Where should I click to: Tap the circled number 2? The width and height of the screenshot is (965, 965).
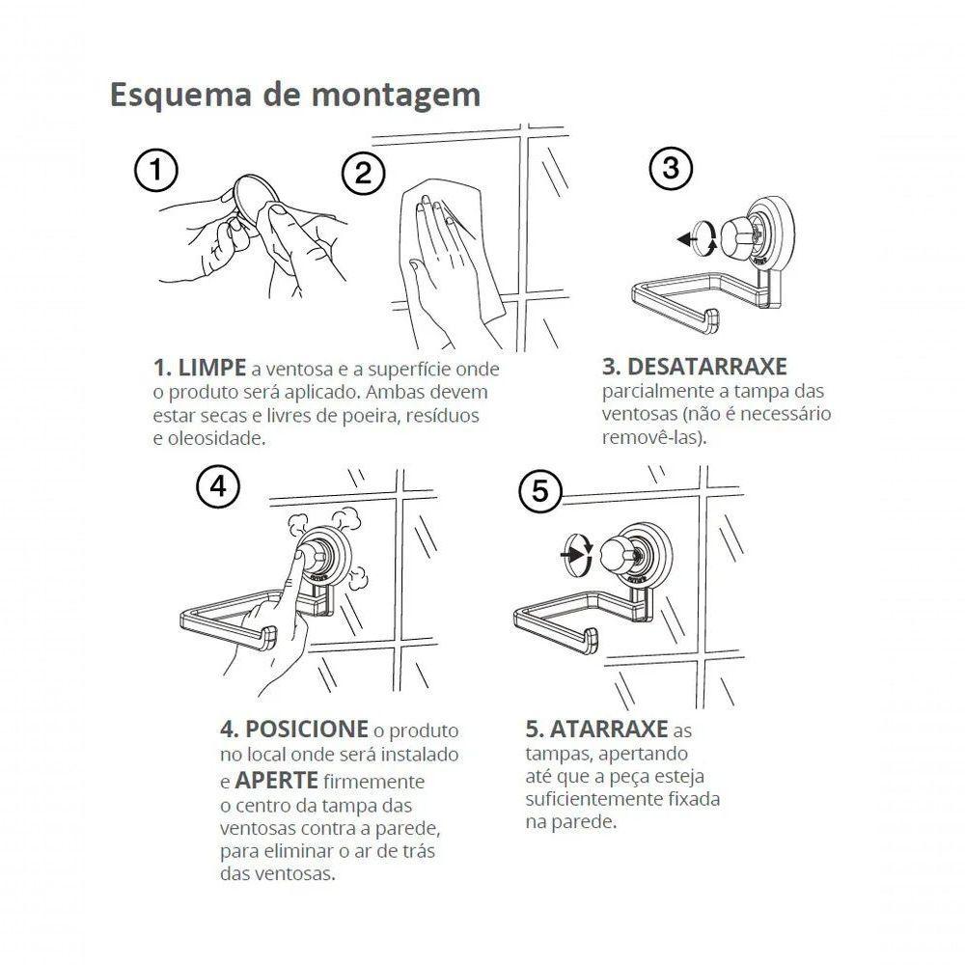point(363,174)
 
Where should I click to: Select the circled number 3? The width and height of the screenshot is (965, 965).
point(671,169)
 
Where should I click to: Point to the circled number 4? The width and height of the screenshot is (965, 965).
point(217,487)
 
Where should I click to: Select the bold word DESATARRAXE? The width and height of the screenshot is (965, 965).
point(695,367)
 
